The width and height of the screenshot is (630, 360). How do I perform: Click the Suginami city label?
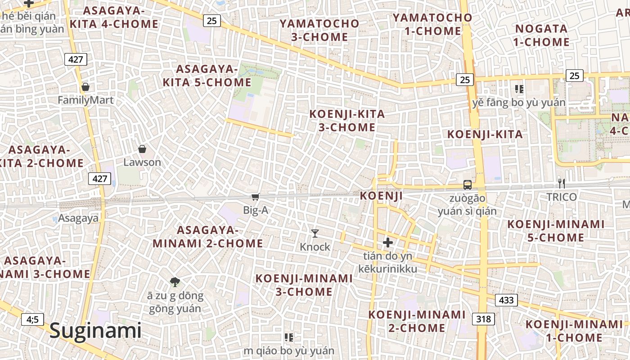point(95,331)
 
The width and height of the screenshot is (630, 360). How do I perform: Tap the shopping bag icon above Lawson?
point(142,149)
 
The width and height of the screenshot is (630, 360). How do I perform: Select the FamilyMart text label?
point(85,100)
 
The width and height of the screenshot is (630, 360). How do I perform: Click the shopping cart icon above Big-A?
point(255,197)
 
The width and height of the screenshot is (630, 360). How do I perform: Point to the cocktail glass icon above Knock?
point(315,233)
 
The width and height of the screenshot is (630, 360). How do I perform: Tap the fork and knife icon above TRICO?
point(561,183)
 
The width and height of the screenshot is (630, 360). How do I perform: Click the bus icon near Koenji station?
point(468,184)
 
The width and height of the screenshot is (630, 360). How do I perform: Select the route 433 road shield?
point(506,300)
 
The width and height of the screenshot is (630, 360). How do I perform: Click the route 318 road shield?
point(483,319)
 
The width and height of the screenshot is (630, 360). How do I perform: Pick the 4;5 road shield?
point(32,319)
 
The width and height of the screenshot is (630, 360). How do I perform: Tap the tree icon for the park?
point(175,282)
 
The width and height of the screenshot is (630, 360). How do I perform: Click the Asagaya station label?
point(78,219)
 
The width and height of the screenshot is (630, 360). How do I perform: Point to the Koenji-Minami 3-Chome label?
point(304,285)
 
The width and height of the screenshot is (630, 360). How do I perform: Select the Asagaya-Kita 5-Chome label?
point(207,76)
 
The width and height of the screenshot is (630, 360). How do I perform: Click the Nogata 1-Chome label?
point(542,36)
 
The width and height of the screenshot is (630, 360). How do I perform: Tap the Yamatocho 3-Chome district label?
point(319,30)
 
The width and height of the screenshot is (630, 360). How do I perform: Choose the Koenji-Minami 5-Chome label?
point(556,230)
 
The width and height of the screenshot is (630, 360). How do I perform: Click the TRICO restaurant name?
point(561,197)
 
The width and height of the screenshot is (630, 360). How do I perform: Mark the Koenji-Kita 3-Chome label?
point(347,121)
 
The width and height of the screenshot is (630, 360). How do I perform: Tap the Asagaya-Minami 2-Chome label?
point(208,237)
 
